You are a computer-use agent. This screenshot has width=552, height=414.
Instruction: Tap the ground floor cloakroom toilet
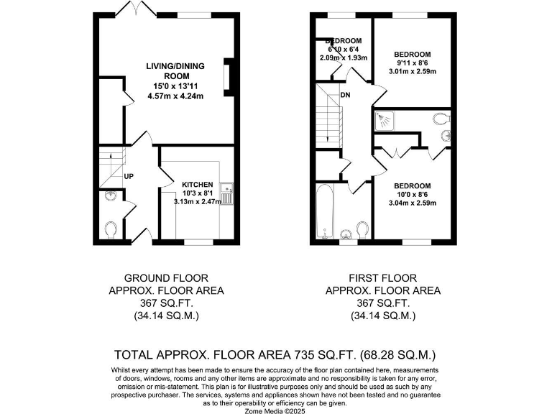[111, 229]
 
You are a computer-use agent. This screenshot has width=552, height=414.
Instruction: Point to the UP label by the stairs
[129, 176]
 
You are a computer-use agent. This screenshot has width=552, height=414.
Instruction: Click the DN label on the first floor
[345, 95]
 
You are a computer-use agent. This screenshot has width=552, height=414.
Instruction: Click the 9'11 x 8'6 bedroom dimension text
[412, 63]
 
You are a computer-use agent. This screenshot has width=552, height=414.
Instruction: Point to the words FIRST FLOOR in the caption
[383, 278]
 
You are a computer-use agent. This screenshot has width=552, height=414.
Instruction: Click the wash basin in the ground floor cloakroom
[109, 195]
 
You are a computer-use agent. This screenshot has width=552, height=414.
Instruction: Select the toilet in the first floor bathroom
[362, 229]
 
